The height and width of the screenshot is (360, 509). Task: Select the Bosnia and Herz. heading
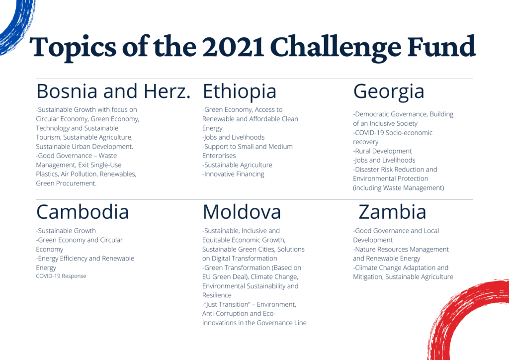pyautogui.click(x=113, y=91)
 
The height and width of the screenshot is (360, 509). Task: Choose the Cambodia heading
pyautogui.click(x=83, y=212)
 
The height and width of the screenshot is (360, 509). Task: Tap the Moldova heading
pyautogui.click(x=242, y=212)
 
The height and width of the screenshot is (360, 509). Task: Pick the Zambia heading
pyautogui.click(x=392, y=212)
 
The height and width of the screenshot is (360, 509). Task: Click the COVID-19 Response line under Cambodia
pyautogui.click(x=61, y=276)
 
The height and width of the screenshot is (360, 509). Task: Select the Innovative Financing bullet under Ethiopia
pyautogui.click(x=233, y=175)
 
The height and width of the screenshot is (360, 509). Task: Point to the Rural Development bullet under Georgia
pyautogui.click(x=382, y=151)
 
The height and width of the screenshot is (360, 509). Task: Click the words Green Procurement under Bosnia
pyautogui.click(x=66, y=183)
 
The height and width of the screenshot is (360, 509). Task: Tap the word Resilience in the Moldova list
pyautogui.click(x=217, y=295)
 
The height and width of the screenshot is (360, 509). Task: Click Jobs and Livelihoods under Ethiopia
pyautogui.click(x=234, y=137)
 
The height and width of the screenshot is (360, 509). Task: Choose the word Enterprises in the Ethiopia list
pyautogui.click(x=219, y=156)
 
